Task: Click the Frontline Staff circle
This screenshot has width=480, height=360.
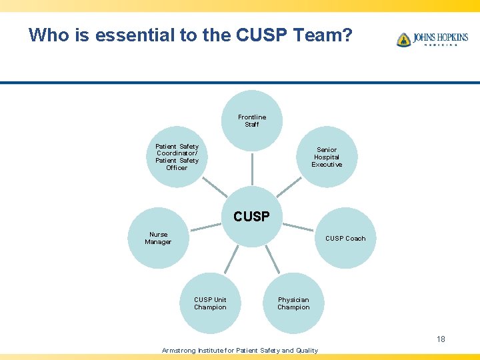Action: [x=251, y=121]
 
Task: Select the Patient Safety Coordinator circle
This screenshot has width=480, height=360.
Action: [x=177, y=157]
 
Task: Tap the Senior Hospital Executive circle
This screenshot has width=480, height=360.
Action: [x=327, y=157]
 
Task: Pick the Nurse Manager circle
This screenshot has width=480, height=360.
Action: [x=159, y=238]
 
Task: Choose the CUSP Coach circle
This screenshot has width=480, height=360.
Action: [x=345, y=238]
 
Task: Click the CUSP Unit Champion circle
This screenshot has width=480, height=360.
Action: [x=210, y=303]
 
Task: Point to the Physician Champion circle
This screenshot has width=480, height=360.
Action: [x=293, y=303]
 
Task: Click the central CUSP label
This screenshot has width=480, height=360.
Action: [x=251, y=217]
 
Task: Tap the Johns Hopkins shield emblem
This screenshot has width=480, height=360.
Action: [x=403, y=40]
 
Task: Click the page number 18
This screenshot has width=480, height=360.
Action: [x=441, y=339]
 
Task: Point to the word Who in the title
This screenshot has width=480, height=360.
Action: [x=46, y=35]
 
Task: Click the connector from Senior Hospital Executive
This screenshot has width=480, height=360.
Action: [x=289, y=187]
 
